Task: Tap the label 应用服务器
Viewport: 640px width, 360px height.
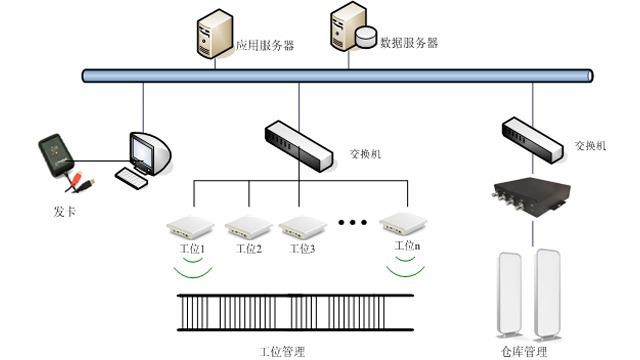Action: pos(264,46)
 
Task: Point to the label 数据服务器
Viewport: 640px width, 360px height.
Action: pos(409,43)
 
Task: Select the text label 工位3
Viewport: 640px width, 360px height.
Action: pos(299,248)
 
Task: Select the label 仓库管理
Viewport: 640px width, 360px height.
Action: pos(523,352)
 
